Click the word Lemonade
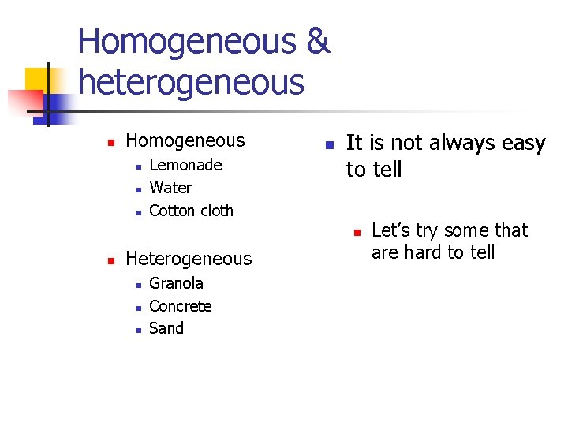185,165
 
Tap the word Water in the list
170,188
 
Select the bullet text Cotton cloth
191,211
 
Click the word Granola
176,283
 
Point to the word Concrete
180,306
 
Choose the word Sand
166,328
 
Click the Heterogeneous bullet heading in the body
189,259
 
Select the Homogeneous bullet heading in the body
185,141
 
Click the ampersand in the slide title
318,41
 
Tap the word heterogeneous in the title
191,82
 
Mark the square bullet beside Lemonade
137,166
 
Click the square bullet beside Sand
137,329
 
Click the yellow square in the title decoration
37,79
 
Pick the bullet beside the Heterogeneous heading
111,260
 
